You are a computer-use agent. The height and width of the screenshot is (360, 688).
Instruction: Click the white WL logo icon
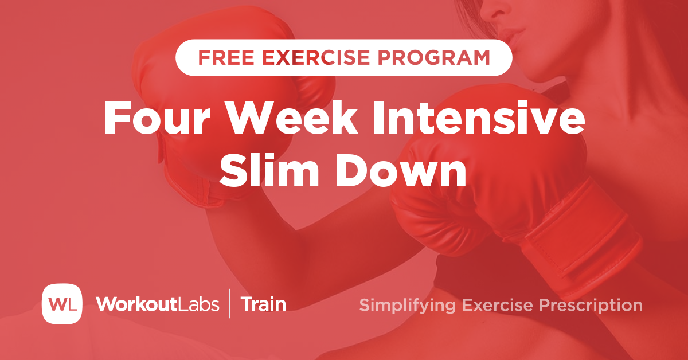click(x=62, y=303)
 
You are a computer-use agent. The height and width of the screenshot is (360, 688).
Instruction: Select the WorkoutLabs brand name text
click(x=158, y=304)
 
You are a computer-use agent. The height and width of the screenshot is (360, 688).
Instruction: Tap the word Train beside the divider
click(x=263, y=304)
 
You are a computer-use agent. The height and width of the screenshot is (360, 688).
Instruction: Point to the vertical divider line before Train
click(x=230, y=304)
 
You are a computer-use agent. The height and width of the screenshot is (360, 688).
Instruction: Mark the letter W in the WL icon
click(x=56, y=304)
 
